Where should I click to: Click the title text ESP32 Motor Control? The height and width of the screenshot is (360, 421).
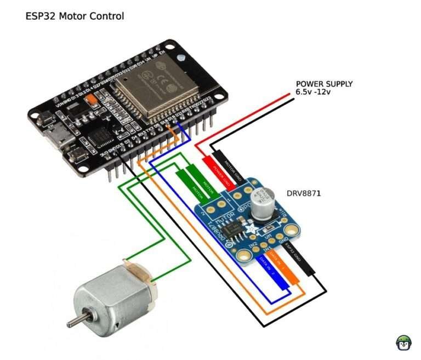point(75,16)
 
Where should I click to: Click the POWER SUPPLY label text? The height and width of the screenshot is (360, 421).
point(324,84)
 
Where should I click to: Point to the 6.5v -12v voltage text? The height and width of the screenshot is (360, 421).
point(314,92)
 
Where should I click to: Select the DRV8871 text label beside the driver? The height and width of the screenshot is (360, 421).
point(304,194)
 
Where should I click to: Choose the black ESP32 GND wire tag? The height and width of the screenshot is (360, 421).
point(301,262)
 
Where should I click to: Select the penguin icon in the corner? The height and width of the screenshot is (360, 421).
point(403,342)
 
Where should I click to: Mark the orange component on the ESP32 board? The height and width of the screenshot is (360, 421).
point(93,100)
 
